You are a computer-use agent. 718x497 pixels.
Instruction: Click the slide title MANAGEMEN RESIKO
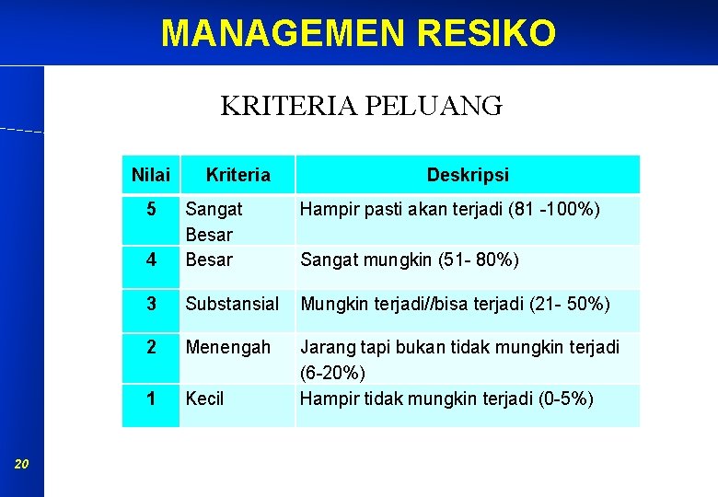pos(358,33)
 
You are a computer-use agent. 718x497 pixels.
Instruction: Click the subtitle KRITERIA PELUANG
pos(361,106)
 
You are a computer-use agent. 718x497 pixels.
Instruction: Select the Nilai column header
pos(151,174)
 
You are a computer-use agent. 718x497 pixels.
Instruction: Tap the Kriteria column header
pos(237,174)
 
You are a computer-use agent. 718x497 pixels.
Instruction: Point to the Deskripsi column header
pos(467,174)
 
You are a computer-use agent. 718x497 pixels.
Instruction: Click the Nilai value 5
pos(151,210)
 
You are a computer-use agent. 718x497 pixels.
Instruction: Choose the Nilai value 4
pos(151,260)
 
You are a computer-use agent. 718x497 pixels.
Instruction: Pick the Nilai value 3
pos(151,303)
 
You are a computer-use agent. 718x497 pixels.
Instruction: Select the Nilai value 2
pos(151,347)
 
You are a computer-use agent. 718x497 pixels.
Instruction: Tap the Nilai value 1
pos(151,399)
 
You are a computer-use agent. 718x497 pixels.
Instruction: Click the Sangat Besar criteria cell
pos(214,222)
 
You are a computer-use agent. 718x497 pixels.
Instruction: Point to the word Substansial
pos(232,303)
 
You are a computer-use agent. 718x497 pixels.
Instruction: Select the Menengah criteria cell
pos(228,347)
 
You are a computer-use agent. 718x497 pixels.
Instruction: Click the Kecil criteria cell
pos(204,399)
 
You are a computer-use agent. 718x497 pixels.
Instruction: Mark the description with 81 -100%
pos(450,210)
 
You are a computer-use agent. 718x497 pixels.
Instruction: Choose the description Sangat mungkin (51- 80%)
pos(410,260)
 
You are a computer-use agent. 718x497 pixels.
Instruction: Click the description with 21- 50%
pos(455,303)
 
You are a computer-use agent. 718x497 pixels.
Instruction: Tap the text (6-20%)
pos(332,373)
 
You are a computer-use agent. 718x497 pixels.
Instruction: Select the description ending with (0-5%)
pos(446,399)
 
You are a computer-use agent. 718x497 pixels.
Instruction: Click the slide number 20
pos(22,465)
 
